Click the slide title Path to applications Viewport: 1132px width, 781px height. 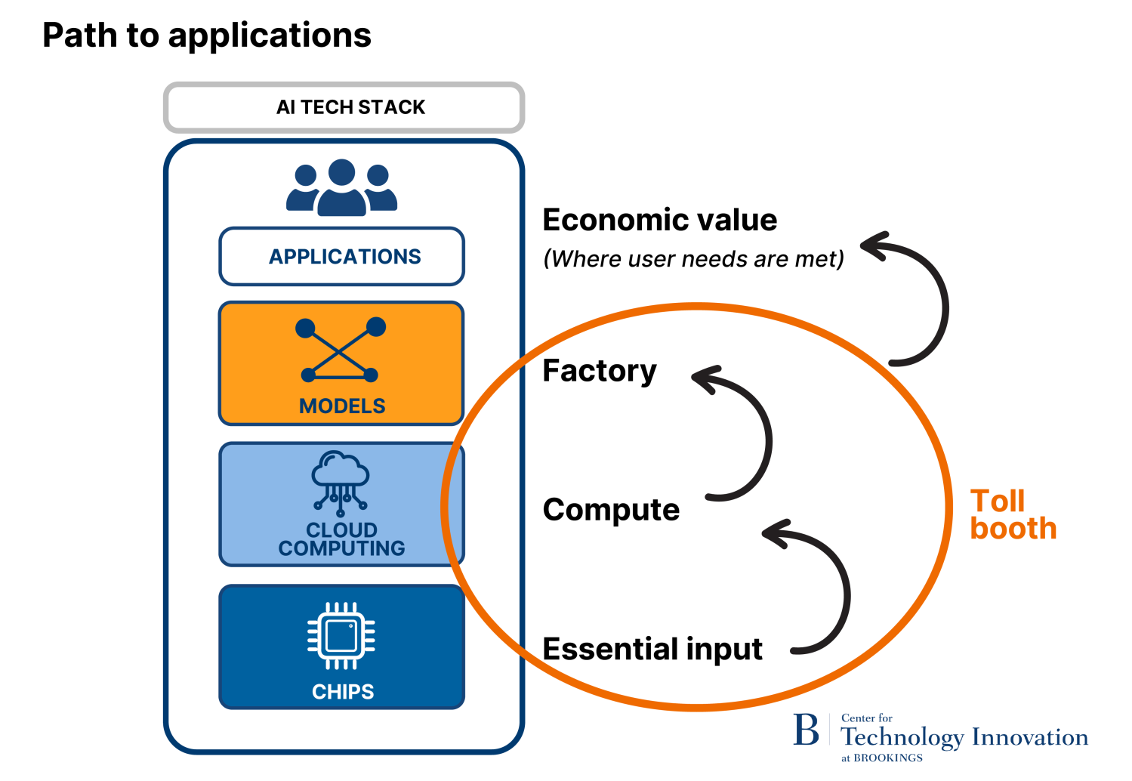[206, 35]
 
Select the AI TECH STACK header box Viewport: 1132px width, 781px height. [344, 107]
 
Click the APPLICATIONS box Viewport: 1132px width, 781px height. [342, 257]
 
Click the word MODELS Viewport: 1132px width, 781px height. [342, 406]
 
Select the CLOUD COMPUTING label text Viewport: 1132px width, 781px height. [341, 539]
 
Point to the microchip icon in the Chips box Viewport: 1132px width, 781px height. [341, 636]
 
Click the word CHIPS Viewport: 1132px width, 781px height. [343, 692]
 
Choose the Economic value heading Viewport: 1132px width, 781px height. [659, 220]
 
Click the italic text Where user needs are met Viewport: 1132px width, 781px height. [693, 259]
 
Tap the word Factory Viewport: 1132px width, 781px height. [600, 371]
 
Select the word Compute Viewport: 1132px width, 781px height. [611, 510]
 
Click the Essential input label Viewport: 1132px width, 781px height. [652, 649]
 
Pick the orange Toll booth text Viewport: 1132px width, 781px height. [1012, 515]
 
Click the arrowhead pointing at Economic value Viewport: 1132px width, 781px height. [874, 245]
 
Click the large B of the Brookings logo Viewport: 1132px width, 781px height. [806, 730]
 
